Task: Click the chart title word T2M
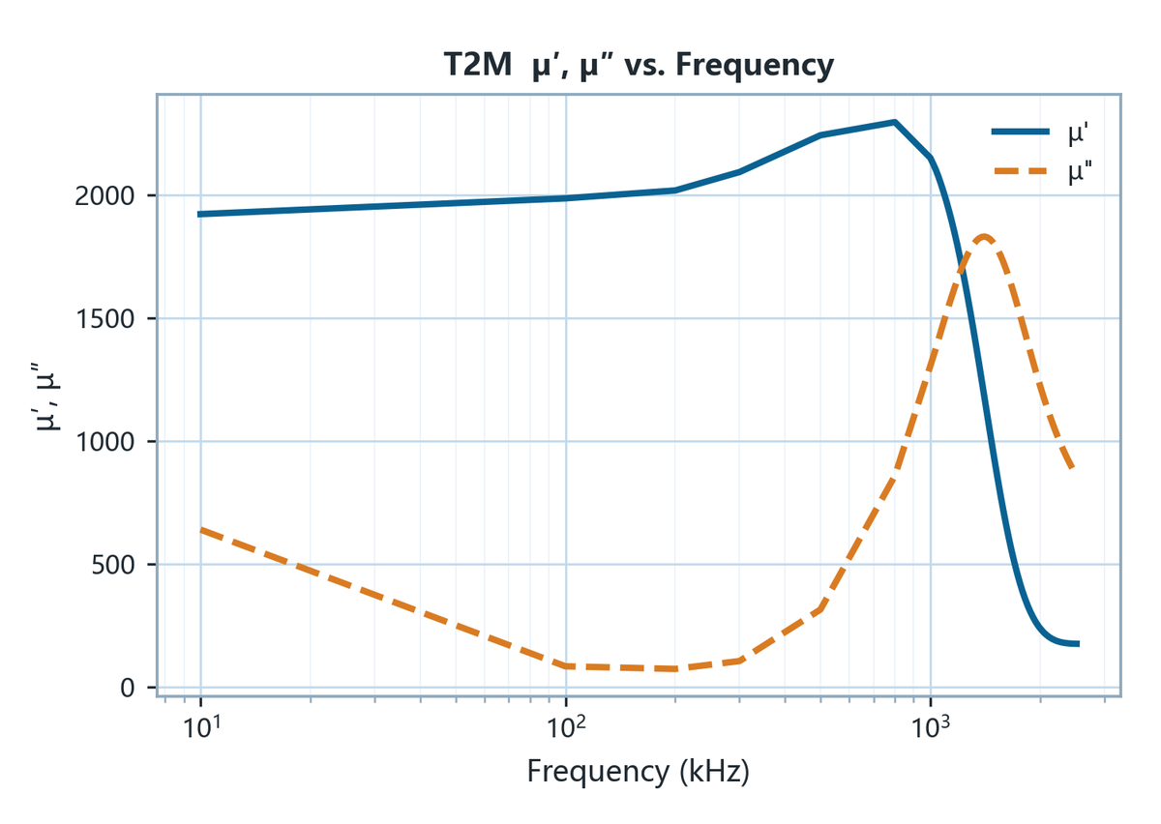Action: click(x=478, y=66)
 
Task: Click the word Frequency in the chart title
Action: click(x=755, y=67)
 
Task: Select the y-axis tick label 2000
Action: click(x=104, y=196)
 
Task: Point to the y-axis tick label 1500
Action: click(x=104, y=319)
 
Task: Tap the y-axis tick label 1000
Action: click(x=104, y=442)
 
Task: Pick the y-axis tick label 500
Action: click(x=113, y=565)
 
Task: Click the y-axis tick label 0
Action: click(x=128, y=689)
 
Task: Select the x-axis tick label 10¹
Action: click(x=201, y=727)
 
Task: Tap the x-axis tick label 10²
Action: click(x=567, y=727)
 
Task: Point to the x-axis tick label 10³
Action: click(x=932, y=727)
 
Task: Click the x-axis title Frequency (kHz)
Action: click(x=639, y=772)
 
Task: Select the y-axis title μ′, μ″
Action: click(x=46, y=397)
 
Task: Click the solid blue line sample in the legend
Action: click(x=1021, y=132)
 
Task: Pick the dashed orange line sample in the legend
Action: click(x=1021, y=170)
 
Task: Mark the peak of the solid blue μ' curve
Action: click(x=895, y=122)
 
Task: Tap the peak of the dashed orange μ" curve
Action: click(x=984, y=238)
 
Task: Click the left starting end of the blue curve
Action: click(x=199, y=214)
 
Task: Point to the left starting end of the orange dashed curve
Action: click(x=201, y=530)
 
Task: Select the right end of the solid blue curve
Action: click(x=1079, y=644)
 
